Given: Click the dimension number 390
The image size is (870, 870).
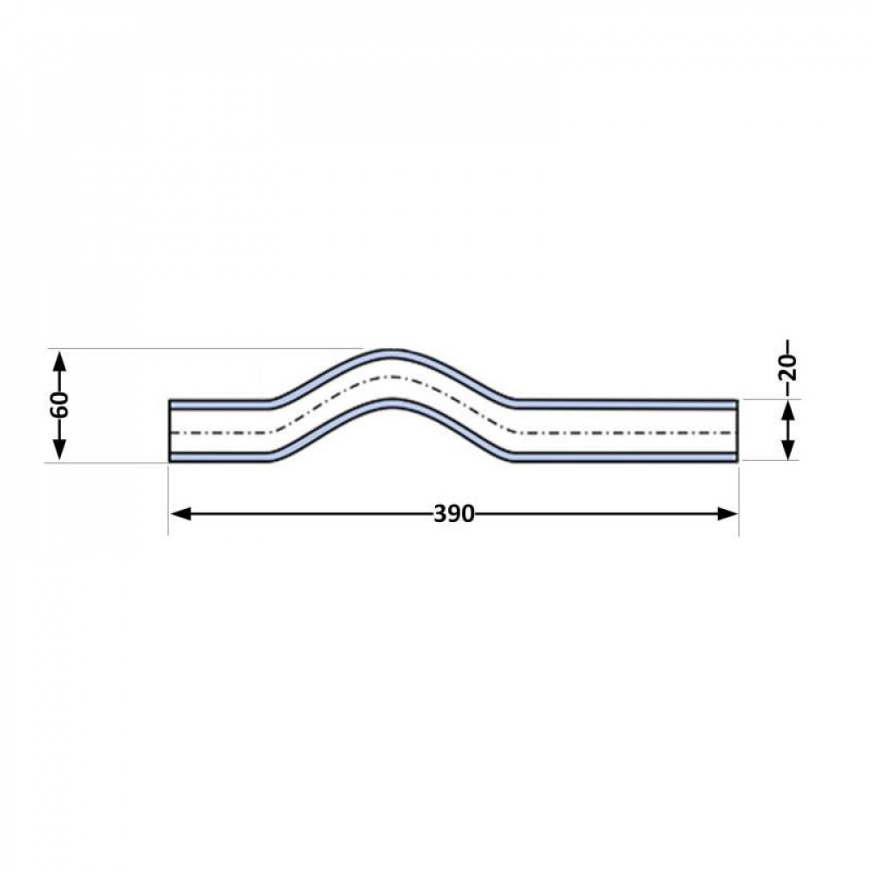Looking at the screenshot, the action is [x=454, y=514].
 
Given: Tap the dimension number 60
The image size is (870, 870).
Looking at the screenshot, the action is [x=60, y=405].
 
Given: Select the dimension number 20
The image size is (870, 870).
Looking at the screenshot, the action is [x=788, y=367].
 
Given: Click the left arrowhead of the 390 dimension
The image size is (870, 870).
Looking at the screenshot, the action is [x=181, y=514].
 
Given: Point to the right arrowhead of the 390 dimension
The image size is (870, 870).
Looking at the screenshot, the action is [x=726, y=514].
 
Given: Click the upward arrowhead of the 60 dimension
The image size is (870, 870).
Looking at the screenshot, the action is [x=60, y=362].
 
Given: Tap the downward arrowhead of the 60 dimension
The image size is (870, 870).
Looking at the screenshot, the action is [x=60, y=450].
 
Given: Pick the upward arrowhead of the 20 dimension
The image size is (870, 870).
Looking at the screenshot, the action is [x=788, y=412].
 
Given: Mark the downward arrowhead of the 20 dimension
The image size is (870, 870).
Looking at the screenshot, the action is [x=788, y=448].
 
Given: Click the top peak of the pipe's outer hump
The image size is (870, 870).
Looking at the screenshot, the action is [x=391, y=350].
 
